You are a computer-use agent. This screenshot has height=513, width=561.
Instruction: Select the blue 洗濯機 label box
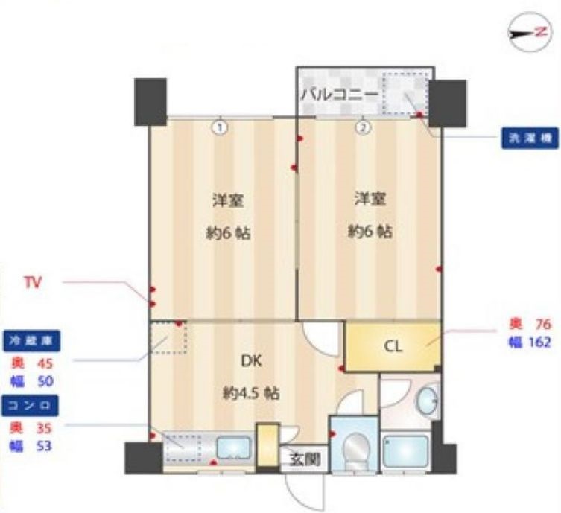pos(527,138)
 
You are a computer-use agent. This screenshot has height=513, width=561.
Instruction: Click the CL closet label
pos(393,345)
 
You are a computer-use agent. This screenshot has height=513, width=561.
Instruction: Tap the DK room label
pos(250,361)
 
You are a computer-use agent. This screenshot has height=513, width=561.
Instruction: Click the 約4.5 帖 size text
pos(251,393)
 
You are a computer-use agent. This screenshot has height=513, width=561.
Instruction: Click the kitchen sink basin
pos(235,449)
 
